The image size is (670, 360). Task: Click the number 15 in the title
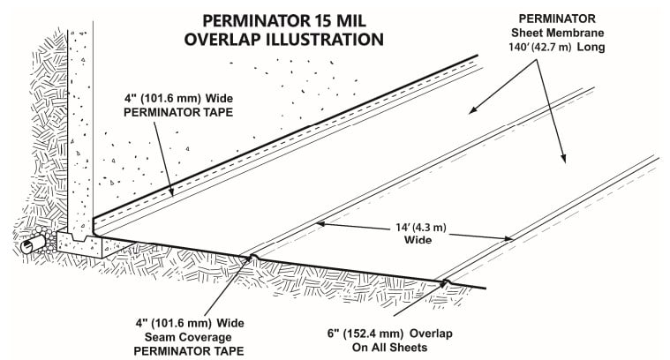tap(311, 19)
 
